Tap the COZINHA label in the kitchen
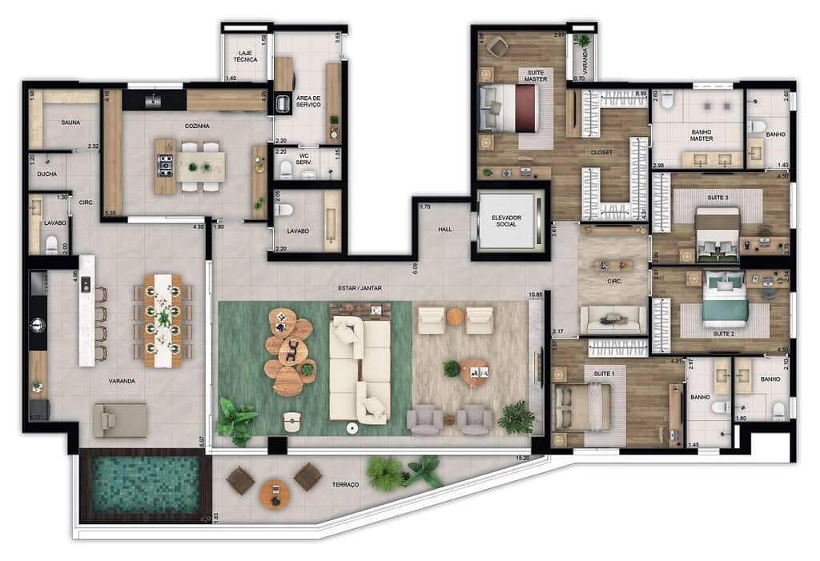196,126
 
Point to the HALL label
445,229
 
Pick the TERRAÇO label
346,485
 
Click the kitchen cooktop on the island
166,166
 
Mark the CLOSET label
601,151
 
